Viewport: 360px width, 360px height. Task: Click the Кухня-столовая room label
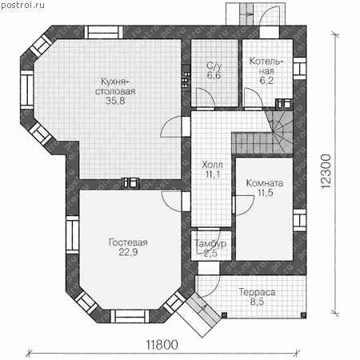tap(115, 86)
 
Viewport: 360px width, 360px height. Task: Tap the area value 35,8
tap(115, 101)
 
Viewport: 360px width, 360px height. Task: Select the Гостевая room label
tap(128, 242)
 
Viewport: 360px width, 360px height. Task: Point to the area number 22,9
tap(128, 252)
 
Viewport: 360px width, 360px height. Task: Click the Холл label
tap(212, 165)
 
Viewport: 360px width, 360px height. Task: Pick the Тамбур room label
tap(210, 243)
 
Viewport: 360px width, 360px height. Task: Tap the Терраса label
tap(257, 292)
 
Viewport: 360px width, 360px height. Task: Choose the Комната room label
tap(265, 183)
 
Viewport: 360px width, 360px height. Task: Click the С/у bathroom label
tap(214, 66)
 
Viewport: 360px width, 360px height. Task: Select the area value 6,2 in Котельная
tap(266, 80)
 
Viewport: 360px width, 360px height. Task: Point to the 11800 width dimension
tap(162, 345)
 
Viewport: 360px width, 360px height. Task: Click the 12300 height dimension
tap(326, 172)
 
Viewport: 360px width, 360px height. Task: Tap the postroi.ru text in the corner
tap(23, 5)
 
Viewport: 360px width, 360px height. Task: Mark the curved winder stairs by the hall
tap(280, 130)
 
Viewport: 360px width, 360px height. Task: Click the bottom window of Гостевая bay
tap(130, 317)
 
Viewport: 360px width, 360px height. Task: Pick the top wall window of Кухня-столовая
tap(104, 32)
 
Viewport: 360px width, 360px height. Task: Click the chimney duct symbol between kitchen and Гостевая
tap(130, 183)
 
